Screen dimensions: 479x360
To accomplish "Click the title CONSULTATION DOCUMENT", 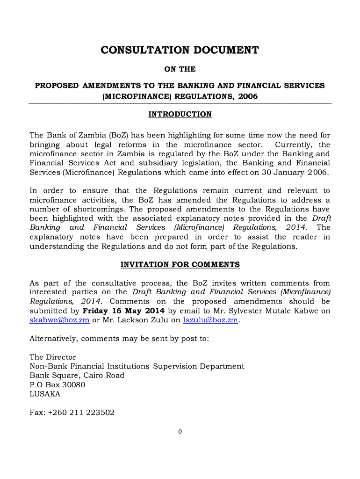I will pyautogui.click(x=180, y=50).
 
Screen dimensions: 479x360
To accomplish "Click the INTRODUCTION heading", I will pyautogui.click(x=180, y=115).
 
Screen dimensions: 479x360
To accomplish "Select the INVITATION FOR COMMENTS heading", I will pyautogui.click(x=180, y=265).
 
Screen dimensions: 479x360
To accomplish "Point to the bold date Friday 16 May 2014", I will pyautogui.click(x=123, y=311).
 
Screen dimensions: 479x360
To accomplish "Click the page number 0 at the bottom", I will pyautogui.click(x=180, y=431).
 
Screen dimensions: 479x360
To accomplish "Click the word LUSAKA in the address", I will pyautogui.click(x=45, y=394).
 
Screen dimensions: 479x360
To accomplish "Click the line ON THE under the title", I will pyautogui.click(x=180, y=69).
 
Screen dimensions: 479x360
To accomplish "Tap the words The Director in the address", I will pyautogui.click(x=53, y=357).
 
